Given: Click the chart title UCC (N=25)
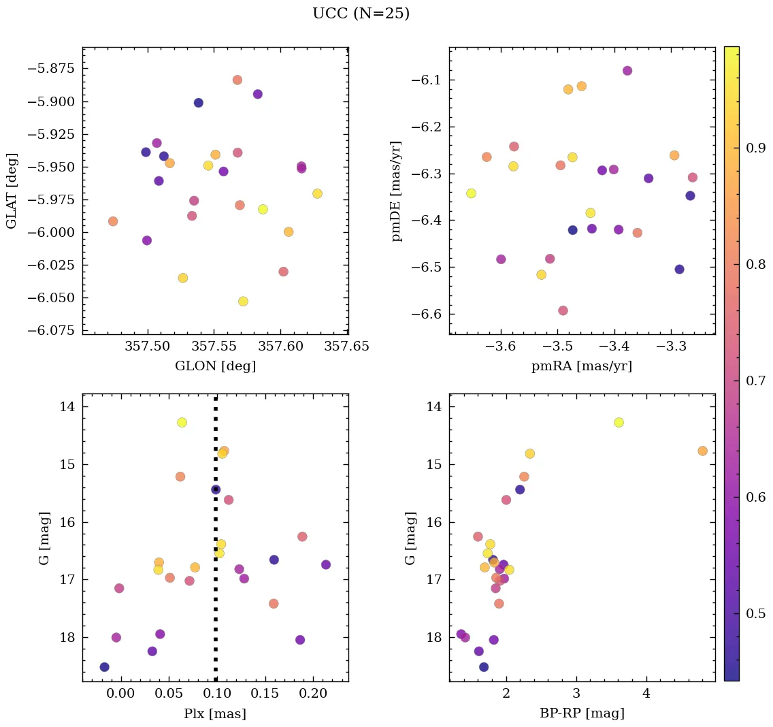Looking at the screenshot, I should click(x=361, y=14).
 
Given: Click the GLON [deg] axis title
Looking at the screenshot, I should click(x=215, y=366).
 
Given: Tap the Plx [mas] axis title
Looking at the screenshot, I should click(x=215, y=714).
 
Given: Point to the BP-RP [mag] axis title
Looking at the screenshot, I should click(x=582, y=714).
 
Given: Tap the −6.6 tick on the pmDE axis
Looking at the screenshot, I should click(x=427, y=314).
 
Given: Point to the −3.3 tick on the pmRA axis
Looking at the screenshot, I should click(x=672, y=347).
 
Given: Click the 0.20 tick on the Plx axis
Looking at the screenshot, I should click(x=312, y=695).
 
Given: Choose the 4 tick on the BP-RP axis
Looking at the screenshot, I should click(x=646, y=695).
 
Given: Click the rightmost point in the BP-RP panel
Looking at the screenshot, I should click(x=702, y=451).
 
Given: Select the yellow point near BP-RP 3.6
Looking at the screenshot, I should click(x=619, y=422).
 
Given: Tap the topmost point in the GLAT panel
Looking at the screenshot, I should click(x=237, y=80).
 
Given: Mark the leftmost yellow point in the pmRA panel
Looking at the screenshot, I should click(x=471, y=193).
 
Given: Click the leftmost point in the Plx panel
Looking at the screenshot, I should click(x=104, y=667).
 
